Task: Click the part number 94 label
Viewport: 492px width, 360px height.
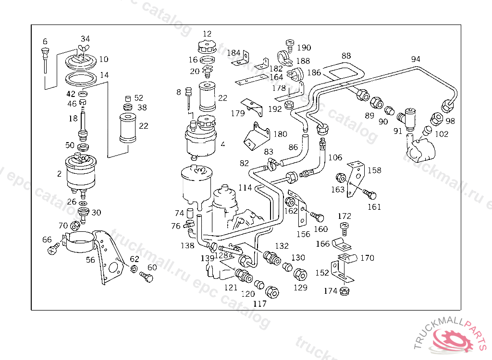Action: click(x=416, y=59)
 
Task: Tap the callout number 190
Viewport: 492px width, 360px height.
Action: click(x=304, y=48)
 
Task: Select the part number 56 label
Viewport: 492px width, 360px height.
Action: click(x=90, y=260)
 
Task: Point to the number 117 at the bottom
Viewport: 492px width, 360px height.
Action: click(x=259, y=303)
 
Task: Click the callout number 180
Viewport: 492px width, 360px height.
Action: click(x=281, y=134)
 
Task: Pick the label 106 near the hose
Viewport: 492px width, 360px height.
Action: click(x=335, y=157)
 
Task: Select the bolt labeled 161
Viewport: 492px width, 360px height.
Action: click(x=370, y=195)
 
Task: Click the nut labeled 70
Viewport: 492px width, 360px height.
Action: click(x=75, y=225)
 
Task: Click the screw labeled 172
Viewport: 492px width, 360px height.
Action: click(x=344, y=226)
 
